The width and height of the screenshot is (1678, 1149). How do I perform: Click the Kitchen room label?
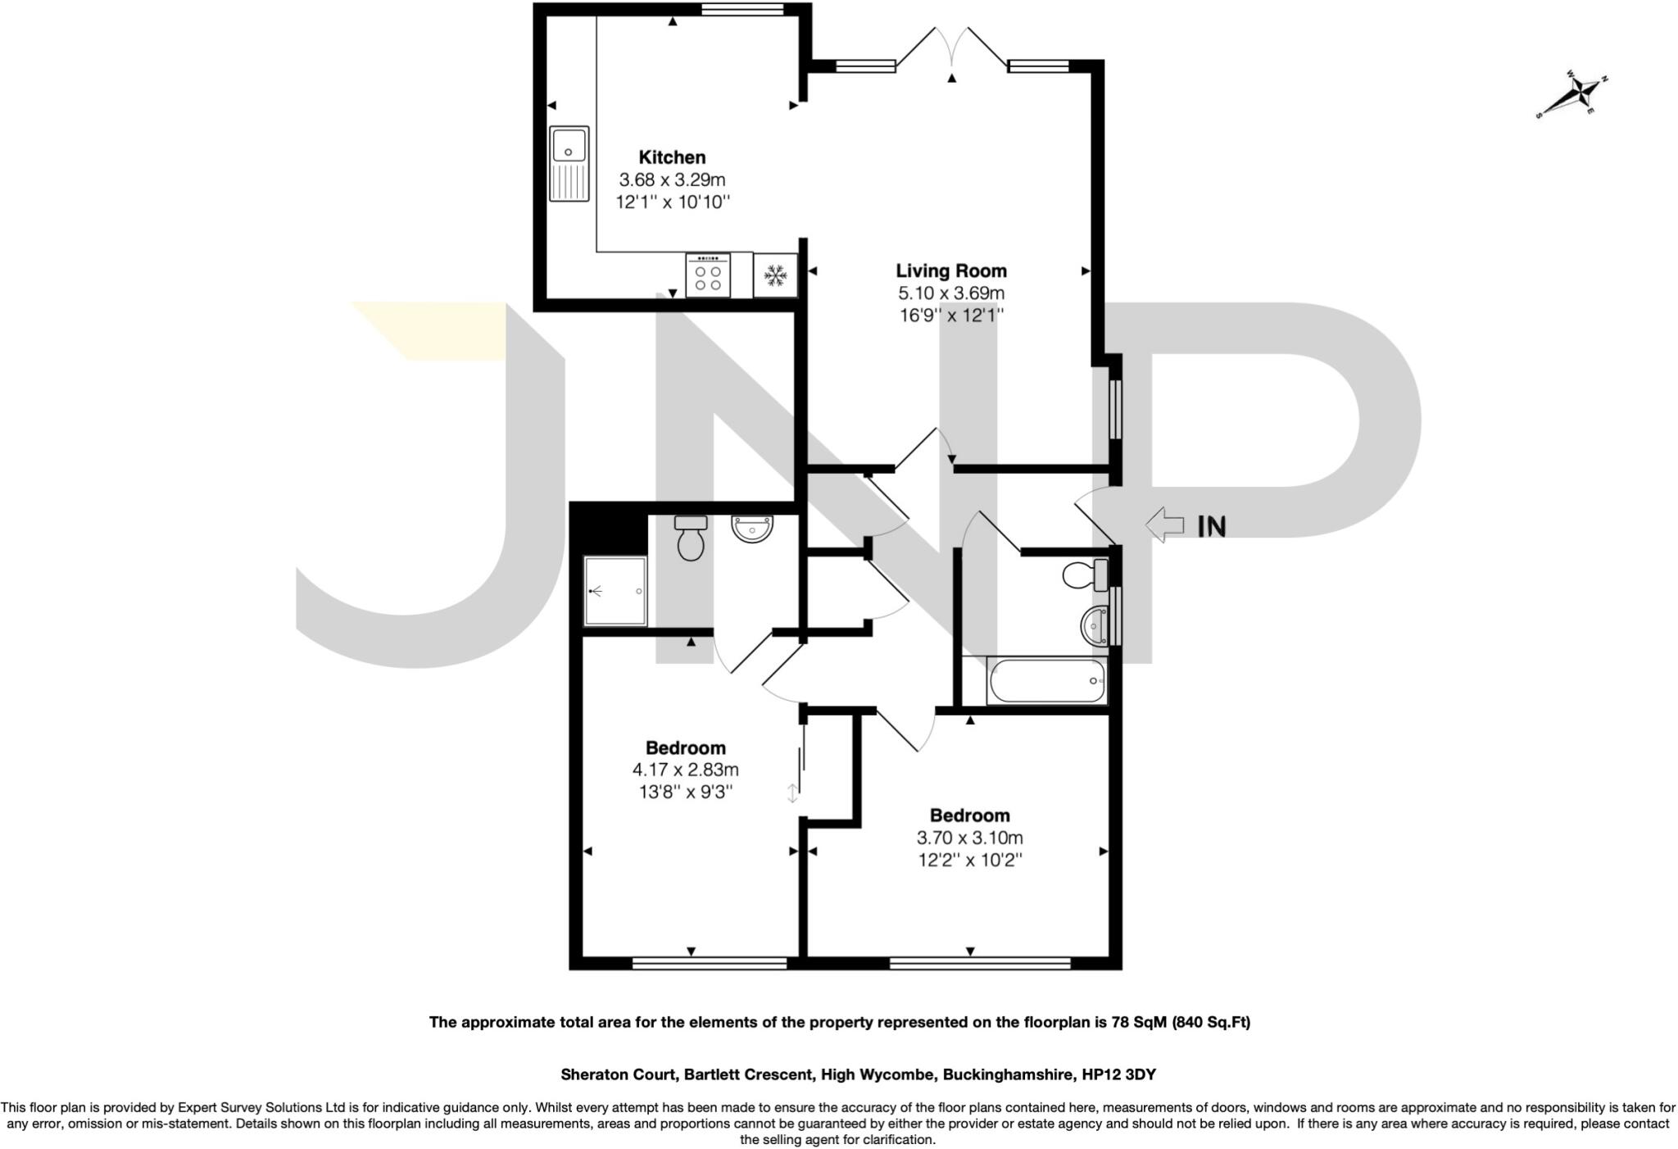click(672, 157)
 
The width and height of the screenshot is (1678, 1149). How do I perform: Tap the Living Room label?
click(950, 270)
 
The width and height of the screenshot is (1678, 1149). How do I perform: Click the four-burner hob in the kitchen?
click(708, 275)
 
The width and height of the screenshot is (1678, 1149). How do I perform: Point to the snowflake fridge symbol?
click(775, 275)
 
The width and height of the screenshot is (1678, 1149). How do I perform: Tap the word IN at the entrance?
click(1212, 526)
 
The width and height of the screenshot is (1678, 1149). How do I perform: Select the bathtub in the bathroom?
click(1047, 681)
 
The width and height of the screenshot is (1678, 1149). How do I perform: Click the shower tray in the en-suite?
click(615, 591)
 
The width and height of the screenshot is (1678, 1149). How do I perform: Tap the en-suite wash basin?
click(751, 529)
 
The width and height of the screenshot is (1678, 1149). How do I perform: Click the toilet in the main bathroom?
click(1083, 574)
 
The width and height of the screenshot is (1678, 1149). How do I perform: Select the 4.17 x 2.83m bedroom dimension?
click(685, 770)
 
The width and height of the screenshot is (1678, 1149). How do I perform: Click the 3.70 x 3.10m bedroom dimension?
click(969, 838)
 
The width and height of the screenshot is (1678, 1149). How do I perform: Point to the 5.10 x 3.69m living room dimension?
click(950, 293)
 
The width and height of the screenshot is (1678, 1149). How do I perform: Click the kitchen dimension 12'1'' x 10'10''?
click(673, 202)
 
